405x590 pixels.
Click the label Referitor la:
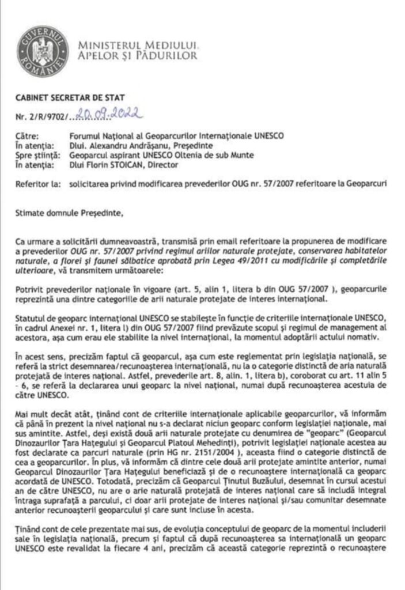point(36,184)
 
